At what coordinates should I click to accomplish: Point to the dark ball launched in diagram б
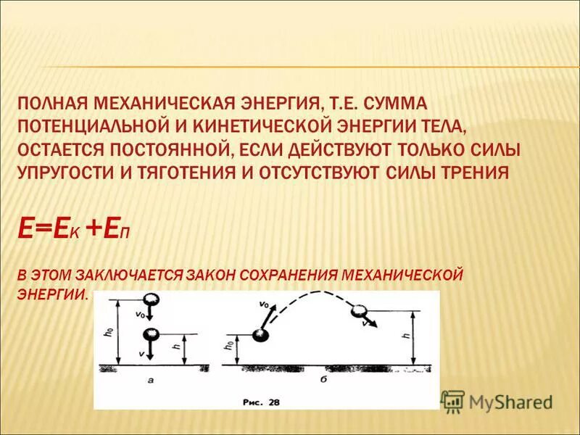pos(260,335)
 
